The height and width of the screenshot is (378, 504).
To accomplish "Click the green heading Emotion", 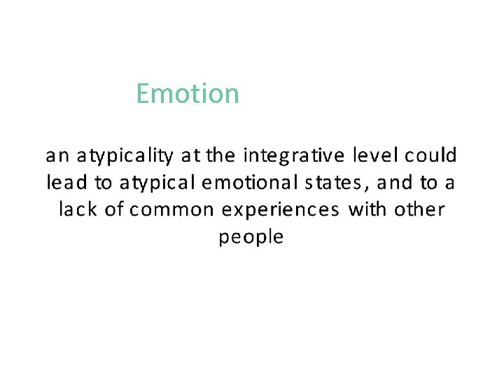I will tap(188, 93).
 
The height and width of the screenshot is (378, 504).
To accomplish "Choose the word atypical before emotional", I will tap(157, 183).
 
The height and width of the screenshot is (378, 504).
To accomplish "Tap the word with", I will tap(365, 209).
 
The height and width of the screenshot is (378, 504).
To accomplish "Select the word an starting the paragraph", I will tap(56, 154).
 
